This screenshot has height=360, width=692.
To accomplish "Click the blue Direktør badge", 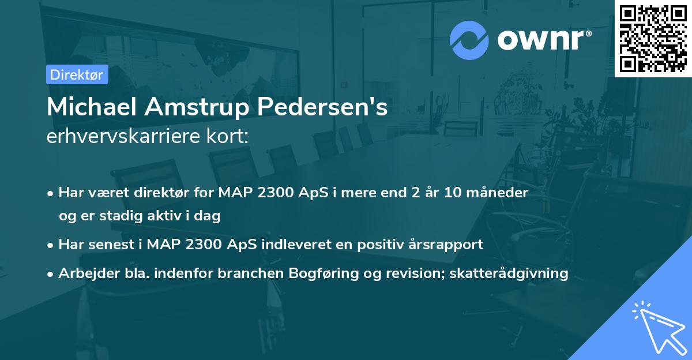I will coord(77,74).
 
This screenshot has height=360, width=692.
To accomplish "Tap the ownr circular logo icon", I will coord(469,40).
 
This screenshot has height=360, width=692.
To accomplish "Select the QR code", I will coord(653,38).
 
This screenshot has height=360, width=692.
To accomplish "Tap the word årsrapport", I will coord(450,245).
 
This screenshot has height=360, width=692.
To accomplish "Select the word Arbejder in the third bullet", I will coord(84,273).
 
